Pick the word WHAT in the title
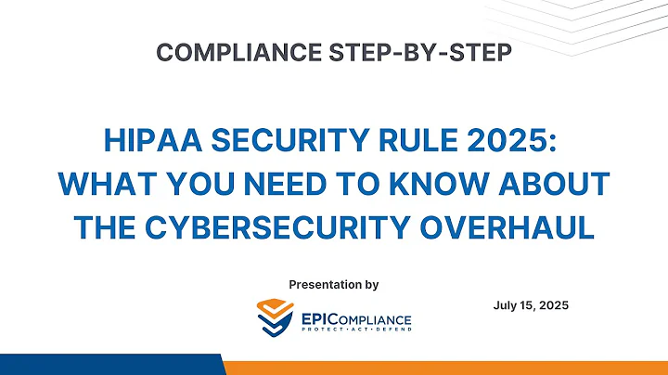coord(102,184)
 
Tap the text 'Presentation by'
coord(334,282)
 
